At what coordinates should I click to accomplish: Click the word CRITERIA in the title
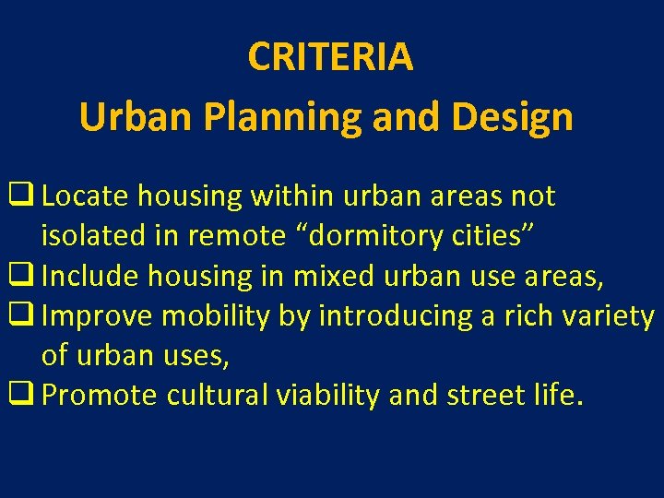point(330,58)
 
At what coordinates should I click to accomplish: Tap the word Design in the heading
point(517,118)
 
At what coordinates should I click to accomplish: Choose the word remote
point(237,236)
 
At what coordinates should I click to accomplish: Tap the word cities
point(491,236)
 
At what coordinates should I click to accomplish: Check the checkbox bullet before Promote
point(21,396)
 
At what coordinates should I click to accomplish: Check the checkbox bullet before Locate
point(21,196)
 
